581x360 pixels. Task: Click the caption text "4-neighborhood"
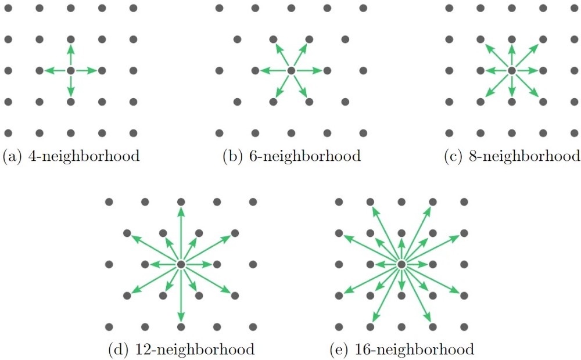[x=84, y=156]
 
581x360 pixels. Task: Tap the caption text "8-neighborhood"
[x=525, y=156]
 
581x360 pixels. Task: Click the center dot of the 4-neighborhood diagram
[x=71, y=71]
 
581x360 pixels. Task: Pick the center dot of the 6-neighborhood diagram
[x=291, y=71]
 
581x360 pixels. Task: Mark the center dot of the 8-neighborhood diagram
[x=511, y=71]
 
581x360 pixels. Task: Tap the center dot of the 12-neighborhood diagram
[x=181, y=264]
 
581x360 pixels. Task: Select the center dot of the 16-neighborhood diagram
[x=401, y=264]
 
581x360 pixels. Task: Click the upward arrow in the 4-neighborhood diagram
[x=71, y=56]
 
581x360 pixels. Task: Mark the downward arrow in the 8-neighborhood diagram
[x=511, y=85]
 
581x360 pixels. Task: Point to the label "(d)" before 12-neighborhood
[x=118, y=350]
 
